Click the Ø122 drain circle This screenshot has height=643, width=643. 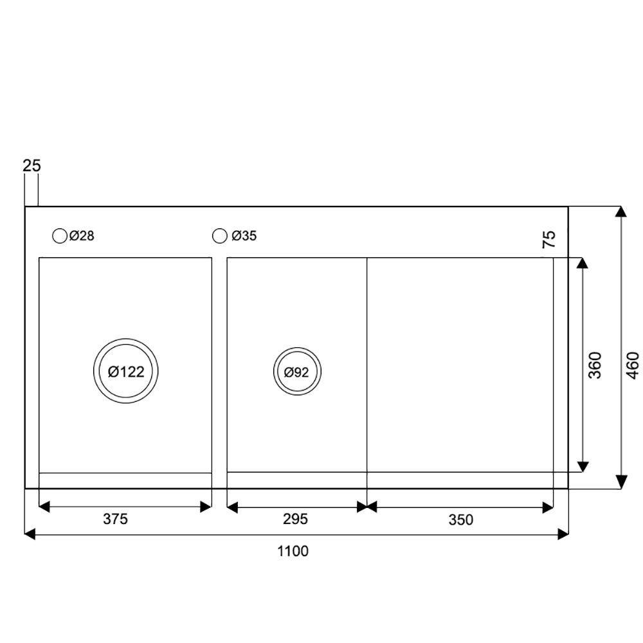click(x=125, y=371)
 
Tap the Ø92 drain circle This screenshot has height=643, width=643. click(x=296, y=371)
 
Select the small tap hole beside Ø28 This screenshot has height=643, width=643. click(x=59, y=236)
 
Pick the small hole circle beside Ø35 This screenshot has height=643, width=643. click(x=220, y=236)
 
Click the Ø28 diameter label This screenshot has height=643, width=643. click(x=82, y=236)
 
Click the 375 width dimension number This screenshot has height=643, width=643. click(x=116, y=519)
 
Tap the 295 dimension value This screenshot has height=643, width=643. click(x=296, y=519)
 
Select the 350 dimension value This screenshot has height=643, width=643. click(x=460, y=519)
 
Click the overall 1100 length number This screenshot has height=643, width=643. click(x=293, y=551)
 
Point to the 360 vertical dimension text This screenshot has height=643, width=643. click(x=595, y=365)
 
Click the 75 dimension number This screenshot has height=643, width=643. click(x=549, y=240)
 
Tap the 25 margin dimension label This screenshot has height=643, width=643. click(x=32, y=166)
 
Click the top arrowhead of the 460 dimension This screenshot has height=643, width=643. click(x=621, y=213)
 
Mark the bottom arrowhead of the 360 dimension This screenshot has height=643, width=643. click(x=583, y=466)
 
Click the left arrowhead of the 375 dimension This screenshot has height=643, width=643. click(x=44, y=507)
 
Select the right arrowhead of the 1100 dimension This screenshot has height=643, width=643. click(x=563, y=533)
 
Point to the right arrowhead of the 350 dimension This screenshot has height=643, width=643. click(x=548, y=507)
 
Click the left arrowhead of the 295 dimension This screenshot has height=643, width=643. click(x=233, y=507)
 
